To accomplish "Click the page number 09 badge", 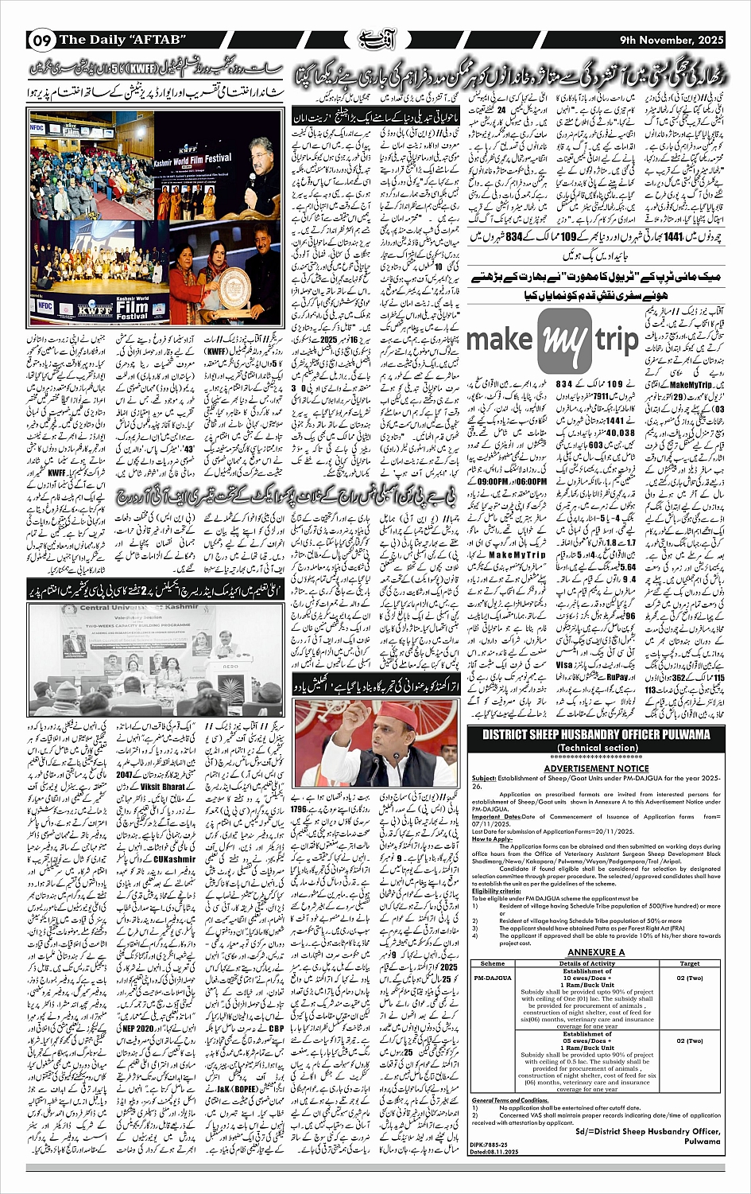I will (x=42, y=40).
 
